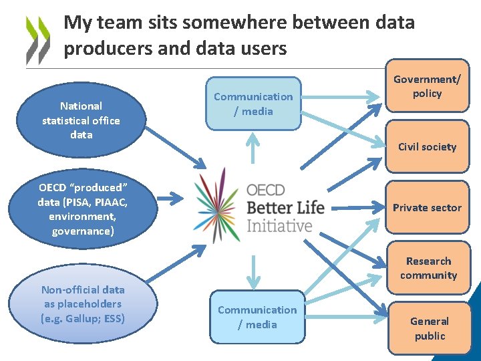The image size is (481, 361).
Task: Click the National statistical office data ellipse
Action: [x=81, y=120]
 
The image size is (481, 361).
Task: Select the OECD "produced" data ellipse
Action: [x=84, y=209]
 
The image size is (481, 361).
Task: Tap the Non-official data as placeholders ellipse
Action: [x=83, y=304]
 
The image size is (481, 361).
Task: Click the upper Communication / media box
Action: [x=253, y=104]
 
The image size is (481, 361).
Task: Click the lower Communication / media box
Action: [x=257, y=317]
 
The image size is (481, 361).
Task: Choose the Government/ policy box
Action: [x=427, y=86]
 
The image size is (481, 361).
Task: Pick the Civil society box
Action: [x=427, y=146]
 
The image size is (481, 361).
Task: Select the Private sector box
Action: [x=427, y=207]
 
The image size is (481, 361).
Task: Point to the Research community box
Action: [x=428, y=267]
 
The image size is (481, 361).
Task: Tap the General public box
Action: [x=429, y=328]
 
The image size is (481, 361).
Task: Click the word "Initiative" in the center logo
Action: [x=279, y=225]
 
